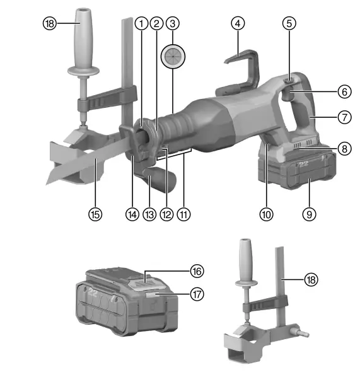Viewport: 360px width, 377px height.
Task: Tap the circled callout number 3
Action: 171,23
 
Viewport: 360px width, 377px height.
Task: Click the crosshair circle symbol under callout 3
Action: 171,57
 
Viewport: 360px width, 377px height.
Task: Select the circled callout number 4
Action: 237,23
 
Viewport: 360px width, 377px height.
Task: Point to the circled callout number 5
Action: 289,23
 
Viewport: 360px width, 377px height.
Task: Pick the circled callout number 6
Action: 344,91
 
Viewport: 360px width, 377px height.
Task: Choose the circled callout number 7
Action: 344,118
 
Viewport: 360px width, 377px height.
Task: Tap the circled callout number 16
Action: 197,270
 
